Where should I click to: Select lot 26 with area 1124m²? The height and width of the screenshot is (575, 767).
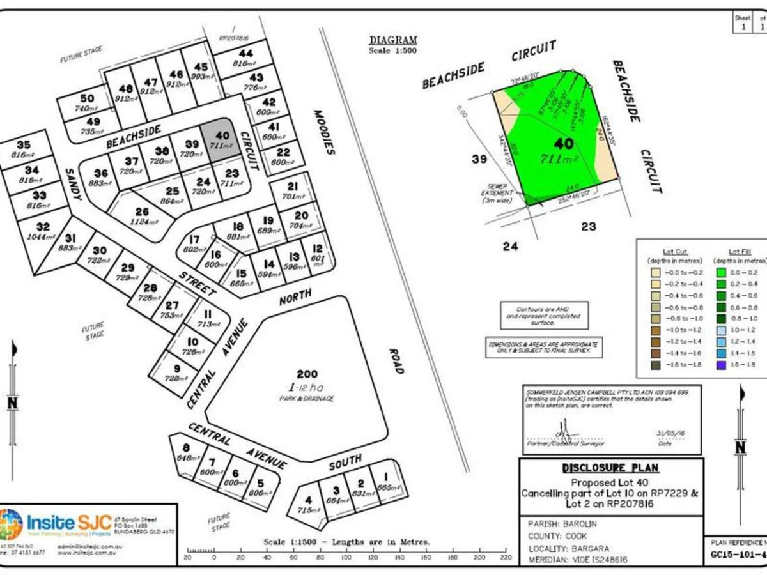click(142, 217)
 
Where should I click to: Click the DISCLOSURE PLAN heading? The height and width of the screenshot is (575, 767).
click(610, 468)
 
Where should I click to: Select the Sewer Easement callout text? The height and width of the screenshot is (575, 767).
click(498, 192)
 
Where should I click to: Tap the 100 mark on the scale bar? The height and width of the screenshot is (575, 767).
click(346, 557)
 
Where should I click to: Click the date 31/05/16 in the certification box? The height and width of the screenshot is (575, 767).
click(667, 433)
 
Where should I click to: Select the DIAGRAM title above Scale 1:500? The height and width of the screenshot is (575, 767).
click(393, 40)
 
